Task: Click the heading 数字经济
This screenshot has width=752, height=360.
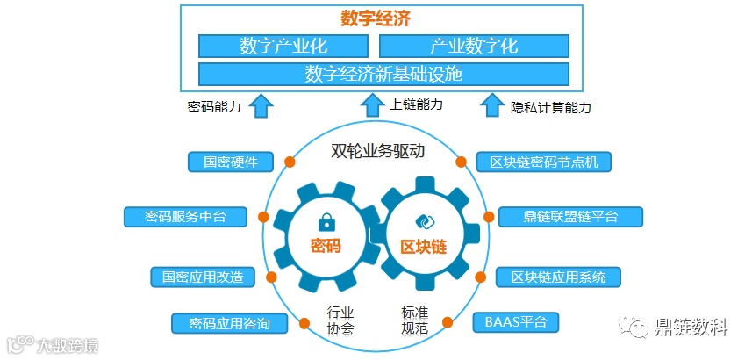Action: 376,18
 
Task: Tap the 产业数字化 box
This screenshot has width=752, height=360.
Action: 474,46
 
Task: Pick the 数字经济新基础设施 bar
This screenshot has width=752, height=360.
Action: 383,74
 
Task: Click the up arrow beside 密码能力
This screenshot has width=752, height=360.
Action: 261,106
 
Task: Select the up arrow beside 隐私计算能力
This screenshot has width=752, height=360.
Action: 491,106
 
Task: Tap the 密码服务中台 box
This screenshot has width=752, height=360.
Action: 185,216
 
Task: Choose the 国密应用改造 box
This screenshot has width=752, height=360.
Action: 203,277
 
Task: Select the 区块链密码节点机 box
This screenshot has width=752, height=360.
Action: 544,162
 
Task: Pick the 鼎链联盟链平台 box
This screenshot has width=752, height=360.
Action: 570,216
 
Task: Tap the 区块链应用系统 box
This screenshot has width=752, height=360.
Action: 558,277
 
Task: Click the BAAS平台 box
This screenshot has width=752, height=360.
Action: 516,321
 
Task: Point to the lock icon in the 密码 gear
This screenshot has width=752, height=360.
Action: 325,220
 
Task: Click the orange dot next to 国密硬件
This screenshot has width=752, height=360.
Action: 289,161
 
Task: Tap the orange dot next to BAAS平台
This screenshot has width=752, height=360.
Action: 448,321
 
